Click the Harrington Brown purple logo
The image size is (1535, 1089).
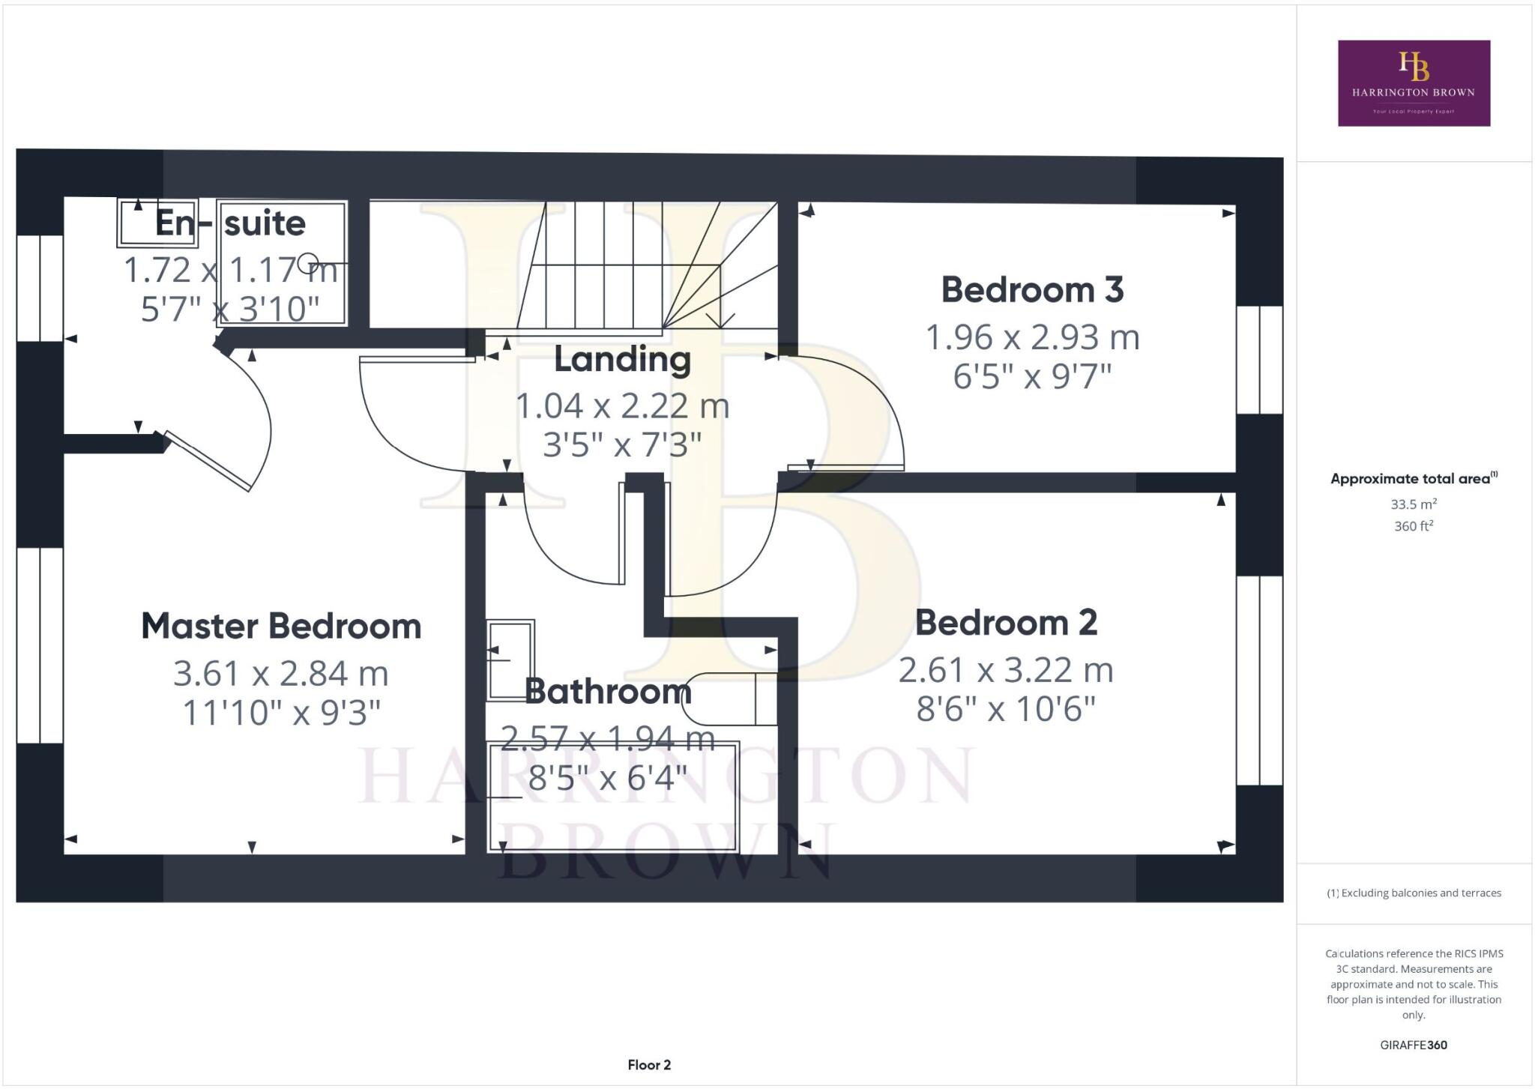(x=1414, y=83)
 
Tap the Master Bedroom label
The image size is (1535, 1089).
(x=281, y=627)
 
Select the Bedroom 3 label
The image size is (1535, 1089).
(x=1032, y=290)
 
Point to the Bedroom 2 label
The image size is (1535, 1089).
(x=1006, y=623)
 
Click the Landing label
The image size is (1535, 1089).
(x=622, y=360)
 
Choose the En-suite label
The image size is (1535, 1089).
(x=230, y=223)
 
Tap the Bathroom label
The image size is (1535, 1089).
(x=608, y=691)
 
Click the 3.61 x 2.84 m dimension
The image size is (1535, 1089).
(x=281, y=673)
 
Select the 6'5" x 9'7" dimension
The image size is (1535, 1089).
(x=1032, y=376)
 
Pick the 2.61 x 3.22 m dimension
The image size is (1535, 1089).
(x=1006, y=670)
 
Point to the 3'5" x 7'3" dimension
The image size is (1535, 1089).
(x=622, y=445)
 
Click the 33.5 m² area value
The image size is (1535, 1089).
(x=1414, y=504)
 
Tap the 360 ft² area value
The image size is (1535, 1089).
(x=1414, y=526)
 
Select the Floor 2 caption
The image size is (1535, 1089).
(x=649, y=1065)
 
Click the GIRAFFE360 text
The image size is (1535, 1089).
(x=1414, y=1045)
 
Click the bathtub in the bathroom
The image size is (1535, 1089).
(x=613, y=797)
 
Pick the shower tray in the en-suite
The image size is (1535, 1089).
(x=282, y=262)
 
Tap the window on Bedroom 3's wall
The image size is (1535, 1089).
(x=1259, y=360)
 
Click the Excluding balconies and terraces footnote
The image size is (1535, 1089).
(x=1414, y=893)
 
